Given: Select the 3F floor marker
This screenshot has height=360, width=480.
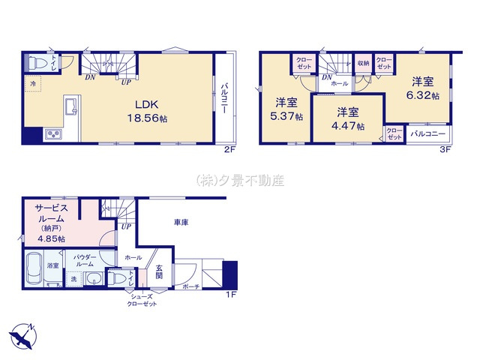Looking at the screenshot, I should (445, 150).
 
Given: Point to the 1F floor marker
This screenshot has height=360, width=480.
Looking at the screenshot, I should (232, 294).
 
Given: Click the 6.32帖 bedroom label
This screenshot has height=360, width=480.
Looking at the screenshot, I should (421, 88).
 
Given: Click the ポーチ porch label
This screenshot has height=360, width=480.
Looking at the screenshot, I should (190, 287).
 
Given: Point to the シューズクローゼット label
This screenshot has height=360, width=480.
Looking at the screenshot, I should (143, 301).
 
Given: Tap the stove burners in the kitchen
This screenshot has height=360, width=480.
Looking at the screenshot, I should (54, 135).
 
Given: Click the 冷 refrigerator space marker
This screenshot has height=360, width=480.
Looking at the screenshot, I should (33, 85).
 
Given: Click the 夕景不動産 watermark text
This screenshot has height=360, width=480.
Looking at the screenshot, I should (240, 181).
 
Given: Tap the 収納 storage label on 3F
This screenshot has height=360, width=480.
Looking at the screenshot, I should (363, 63).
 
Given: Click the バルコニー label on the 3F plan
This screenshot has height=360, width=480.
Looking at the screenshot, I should (428, 134).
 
